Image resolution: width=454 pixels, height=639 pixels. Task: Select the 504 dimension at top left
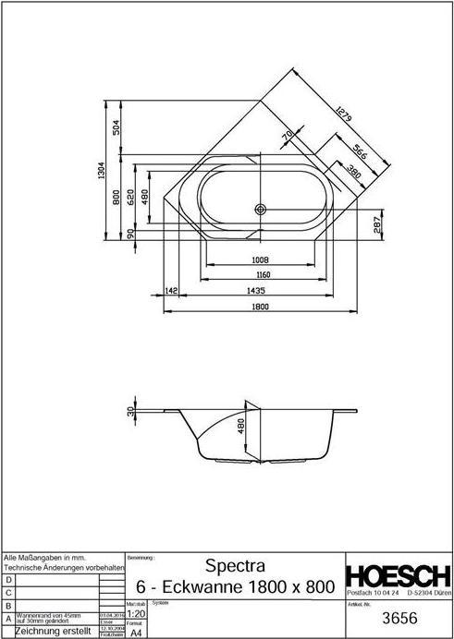117,127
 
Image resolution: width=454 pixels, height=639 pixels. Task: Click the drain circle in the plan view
262,210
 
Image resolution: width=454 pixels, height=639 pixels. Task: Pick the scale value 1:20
134,612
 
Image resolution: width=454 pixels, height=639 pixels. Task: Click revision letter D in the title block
8,578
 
